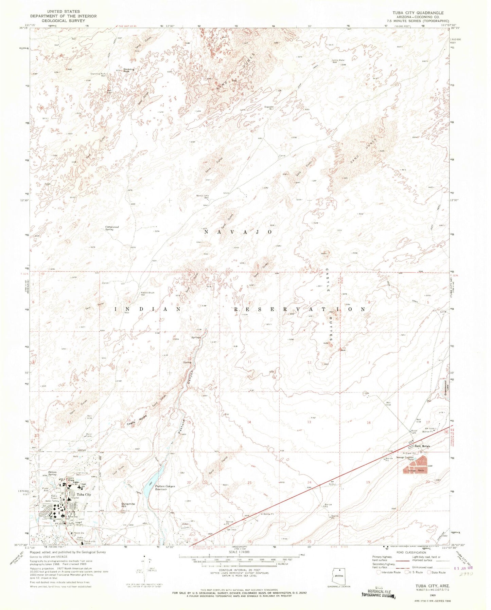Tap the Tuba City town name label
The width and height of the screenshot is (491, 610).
pyautogui.click(x=84, y=495)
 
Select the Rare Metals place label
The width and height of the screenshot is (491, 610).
pyautogui.click(x=422, y=446)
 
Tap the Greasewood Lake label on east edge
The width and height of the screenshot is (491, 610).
pyautogui.click(x=445, y=390)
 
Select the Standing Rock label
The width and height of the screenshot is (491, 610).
pyautogui.click(x=129, y=70)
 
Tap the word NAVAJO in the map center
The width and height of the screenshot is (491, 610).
pyautogui.click(x=238, y=232)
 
